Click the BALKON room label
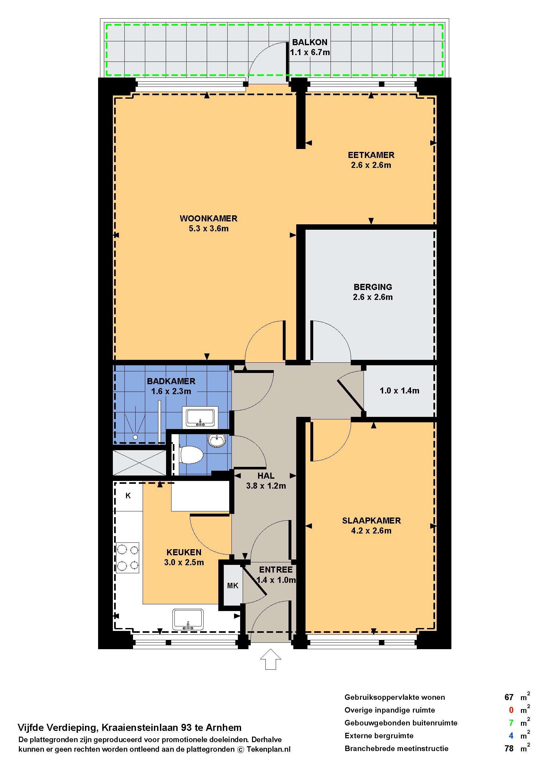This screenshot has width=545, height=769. click(309, 42)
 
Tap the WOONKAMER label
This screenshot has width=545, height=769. click(208, 218)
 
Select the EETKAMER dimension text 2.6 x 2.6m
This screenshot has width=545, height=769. click(371, 165)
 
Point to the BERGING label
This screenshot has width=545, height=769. click(373, 287)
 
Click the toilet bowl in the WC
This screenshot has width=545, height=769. click(191, 454)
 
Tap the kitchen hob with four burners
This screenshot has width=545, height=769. click(128, 558)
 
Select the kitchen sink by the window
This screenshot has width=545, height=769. click(188, 619)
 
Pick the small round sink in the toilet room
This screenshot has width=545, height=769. click(217, 440)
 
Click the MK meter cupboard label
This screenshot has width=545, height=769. click(232, 585)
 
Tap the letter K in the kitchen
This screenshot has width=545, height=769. click(128, 495)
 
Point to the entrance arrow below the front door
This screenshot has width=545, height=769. click(271, 659)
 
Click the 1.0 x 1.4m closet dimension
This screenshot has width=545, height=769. click(399, 390)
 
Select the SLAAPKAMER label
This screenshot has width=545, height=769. click(371, 520)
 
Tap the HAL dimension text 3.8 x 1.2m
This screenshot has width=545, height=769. click(266, 486)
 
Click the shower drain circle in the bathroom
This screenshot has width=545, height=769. click(135, 437)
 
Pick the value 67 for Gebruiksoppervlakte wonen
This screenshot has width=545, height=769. click(509, 697)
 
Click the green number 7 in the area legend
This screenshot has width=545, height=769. click(511, 723)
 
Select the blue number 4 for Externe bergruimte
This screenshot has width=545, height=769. click(511, 735)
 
